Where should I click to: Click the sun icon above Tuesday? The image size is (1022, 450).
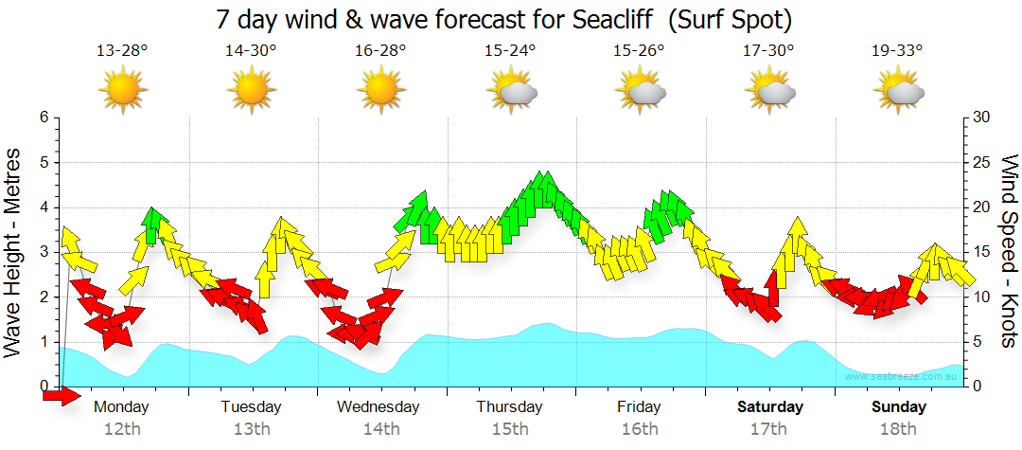252,90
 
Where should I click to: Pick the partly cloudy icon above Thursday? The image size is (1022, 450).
512,91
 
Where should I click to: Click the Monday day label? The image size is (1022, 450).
122,406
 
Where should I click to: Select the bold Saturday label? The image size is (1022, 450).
770,406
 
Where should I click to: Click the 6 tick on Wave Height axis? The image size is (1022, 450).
44,117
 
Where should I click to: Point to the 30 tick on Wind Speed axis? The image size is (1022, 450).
982,117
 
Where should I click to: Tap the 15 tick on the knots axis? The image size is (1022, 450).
982,252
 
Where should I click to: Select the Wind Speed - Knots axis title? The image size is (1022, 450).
1009,252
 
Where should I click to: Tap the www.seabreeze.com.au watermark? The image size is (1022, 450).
904,376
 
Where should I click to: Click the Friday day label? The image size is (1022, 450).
639,406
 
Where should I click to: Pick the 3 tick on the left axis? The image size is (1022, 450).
44,252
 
